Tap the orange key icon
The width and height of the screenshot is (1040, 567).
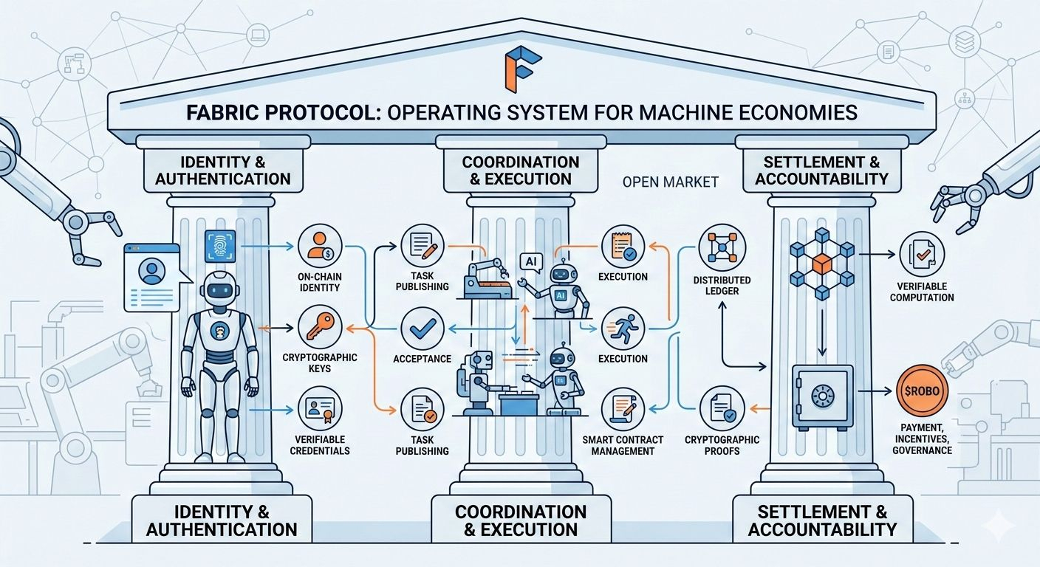(320, 326)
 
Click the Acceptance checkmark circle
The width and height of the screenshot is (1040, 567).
(422, 329)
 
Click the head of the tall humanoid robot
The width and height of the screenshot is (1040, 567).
(219, 289)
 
